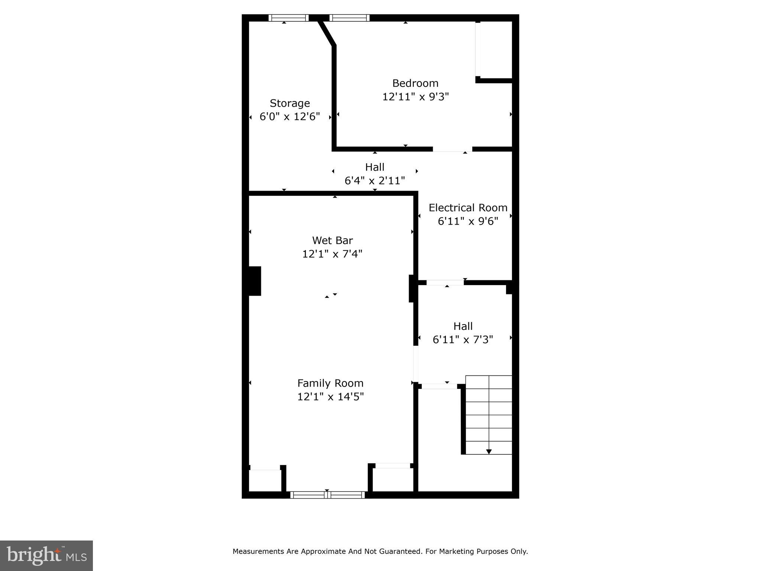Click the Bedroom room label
(415, 83)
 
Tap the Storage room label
(289, 103)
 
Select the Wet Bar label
(332, 240)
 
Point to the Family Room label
(330, 383)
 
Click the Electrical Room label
(468, 208)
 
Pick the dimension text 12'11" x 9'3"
(415, 97)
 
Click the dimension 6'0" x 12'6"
(289, 117)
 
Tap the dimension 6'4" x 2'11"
(375, 181)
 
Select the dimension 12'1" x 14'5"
(330, 397)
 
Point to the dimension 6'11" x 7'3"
(463, 340)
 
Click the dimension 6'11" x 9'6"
(468, 222)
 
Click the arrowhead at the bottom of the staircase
(489, 452)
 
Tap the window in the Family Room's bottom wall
(327, 495)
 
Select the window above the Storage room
(289, 18)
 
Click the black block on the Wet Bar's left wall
(255, 281)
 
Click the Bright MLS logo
(46, 555)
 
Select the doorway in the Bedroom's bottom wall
(453, 149)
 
